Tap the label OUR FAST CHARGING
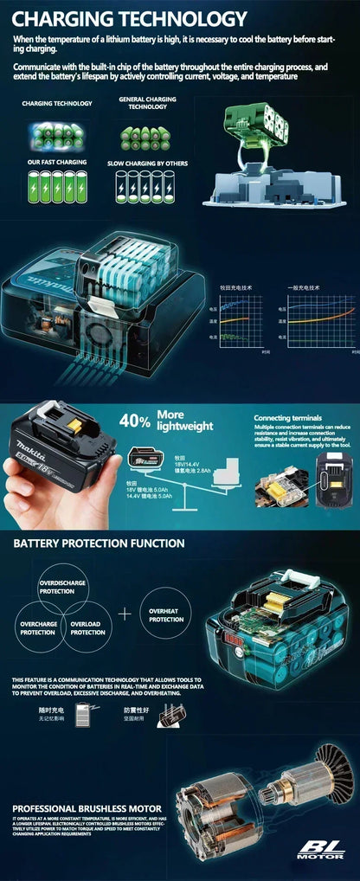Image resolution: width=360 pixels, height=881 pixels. pos(58,161)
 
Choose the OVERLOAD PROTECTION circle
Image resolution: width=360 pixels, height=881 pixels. pos(87,628)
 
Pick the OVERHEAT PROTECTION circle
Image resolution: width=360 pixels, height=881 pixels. pos(165,615)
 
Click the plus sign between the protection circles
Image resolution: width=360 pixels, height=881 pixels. pos(126,614)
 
